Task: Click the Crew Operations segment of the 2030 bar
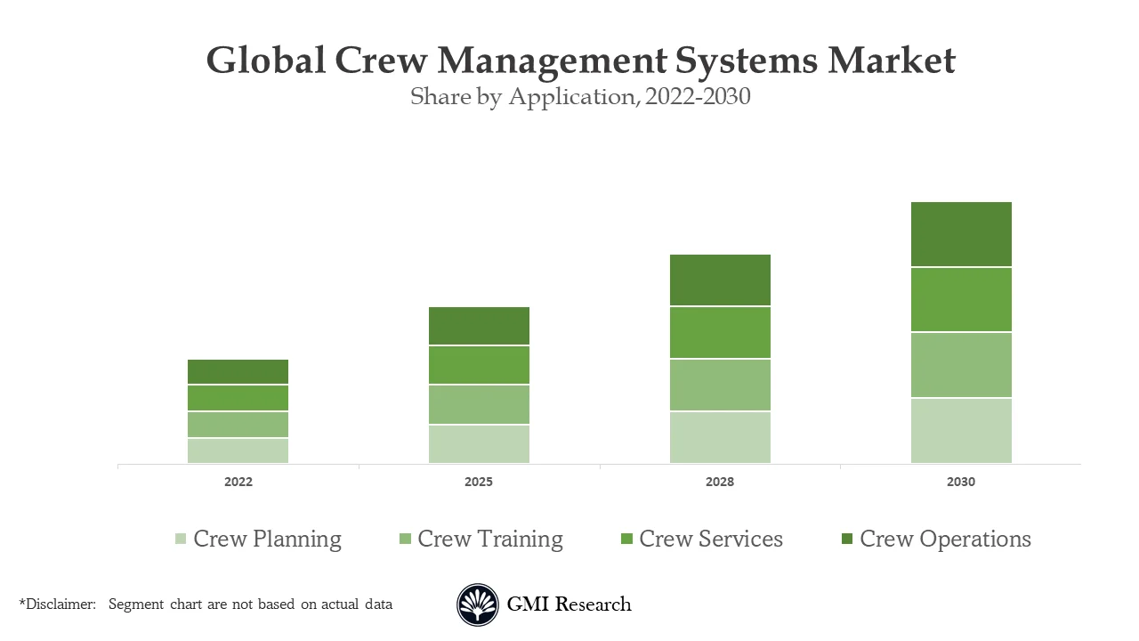point(961,234)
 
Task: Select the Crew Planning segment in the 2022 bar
point(238,450)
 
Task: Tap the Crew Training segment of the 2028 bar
point(720,385)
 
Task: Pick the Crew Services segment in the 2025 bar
point(479,365)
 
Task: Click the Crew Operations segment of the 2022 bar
point(238,371)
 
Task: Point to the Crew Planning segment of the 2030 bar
point(961,431)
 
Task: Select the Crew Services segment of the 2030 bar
point(961,300)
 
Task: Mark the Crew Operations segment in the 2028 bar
point(720,280)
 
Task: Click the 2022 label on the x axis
point(238,483)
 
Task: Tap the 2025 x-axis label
point(479,483)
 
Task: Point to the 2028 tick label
point(720,483)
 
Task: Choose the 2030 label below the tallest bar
point(961,483)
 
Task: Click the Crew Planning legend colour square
point(181,540)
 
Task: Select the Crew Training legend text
point(490,540)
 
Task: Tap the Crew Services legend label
point(711,540)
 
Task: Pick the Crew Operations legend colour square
point(846,540)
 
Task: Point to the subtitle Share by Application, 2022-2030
point(580,97)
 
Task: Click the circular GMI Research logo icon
point(478,605)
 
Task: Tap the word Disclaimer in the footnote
point(60,604)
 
